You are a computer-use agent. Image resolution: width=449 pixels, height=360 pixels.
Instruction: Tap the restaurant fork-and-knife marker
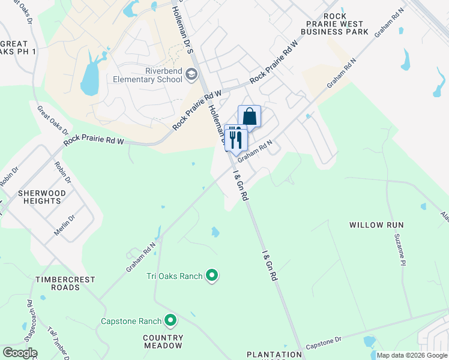pos(235,137)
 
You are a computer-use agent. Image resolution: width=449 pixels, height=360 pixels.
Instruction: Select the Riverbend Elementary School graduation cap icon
pos(191,74)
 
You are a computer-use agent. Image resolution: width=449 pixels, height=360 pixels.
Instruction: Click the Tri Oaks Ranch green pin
pos(211,276)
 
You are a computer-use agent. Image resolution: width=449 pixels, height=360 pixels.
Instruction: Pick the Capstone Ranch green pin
pos(170,321)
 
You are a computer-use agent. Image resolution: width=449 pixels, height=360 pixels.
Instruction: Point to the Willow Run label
pos(377,225)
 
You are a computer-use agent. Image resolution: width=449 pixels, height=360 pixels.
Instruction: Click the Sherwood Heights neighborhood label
pos(40,197)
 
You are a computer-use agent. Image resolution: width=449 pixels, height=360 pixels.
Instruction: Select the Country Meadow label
pos(163,341)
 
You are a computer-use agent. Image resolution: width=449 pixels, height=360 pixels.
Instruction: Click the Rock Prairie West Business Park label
pos(345,24)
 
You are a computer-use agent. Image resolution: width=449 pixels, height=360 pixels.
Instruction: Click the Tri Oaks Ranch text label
pos(174,276)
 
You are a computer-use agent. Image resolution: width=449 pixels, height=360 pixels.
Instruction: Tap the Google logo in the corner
pos(19,353)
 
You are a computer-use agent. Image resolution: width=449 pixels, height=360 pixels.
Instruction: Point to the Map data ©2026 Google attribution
pos(412,355)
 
